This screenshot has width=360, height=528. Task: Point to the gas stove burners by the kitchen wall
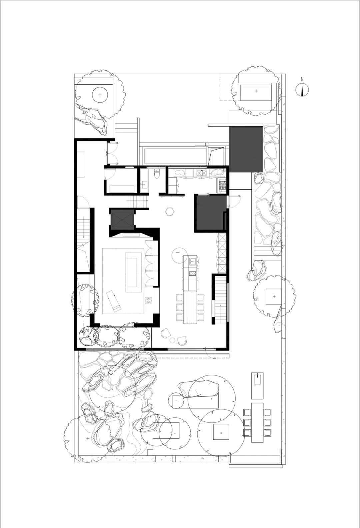pyautogui.click(x=223, y=185)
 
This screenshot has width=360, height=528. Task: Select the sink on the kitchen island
pyautogui.click(x=193, y=261)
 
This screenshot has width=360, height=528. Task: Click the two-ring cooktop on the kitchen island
pyautogui.click(x=192, y=273)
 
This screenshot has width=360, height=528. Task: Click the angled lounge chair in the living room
pyautogui.click(x=113, y=302)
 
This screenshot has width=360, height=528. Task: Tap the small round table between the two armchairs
pyautogui.click(x=173, y=340)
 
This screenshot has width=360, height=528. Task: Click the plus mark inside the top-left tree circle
pyautogui.click(x=100, y=95)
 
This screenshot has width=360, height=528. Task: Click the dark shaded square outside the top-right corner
pyautogui.click(x=246, y=149)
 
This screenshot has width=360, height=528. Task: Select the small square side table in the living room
pyautogui.click(x=148, y=300)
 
